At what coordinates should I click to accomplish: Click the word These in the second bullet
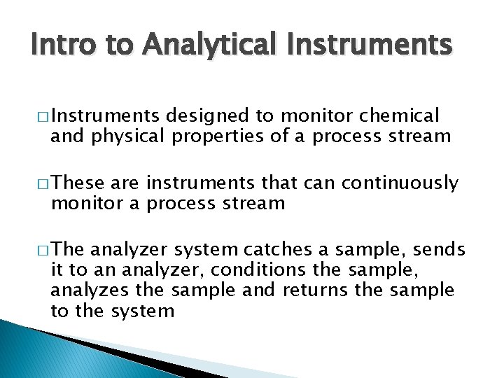(x=78, y=184)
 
